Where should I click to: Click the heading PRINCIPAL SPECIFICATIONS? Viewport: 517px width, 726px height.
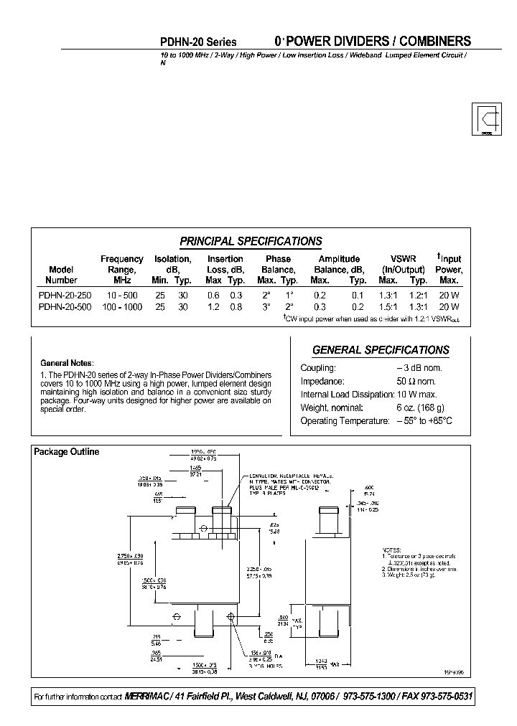(x=250, y=242)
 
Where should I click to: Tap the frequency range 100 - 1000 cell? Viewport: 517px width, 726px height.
(x=121, y=306)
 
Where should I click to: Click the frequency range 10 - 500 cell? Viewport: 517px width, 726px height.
(x=121, y=295)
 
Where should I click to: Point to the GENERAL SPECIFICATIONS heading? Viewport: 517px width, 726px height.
(x=381, y=350)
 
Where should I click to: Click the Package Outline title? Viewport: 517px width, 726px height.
(x=67, y=452)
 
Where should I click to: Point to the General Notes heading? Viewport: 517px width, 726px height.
(x=67, y=362)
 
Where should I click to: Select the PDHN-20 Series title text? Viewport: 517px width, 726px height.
(x=197, y=42)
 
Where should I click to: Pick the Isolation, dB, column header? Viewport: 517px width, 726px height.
(x=172, y=269)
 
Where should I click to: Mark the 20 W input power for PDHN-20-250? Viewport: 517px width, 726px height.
(x=449, y=295)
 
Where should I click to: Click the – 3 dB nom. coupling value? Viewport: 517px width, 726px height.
(x=419, y=367)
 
